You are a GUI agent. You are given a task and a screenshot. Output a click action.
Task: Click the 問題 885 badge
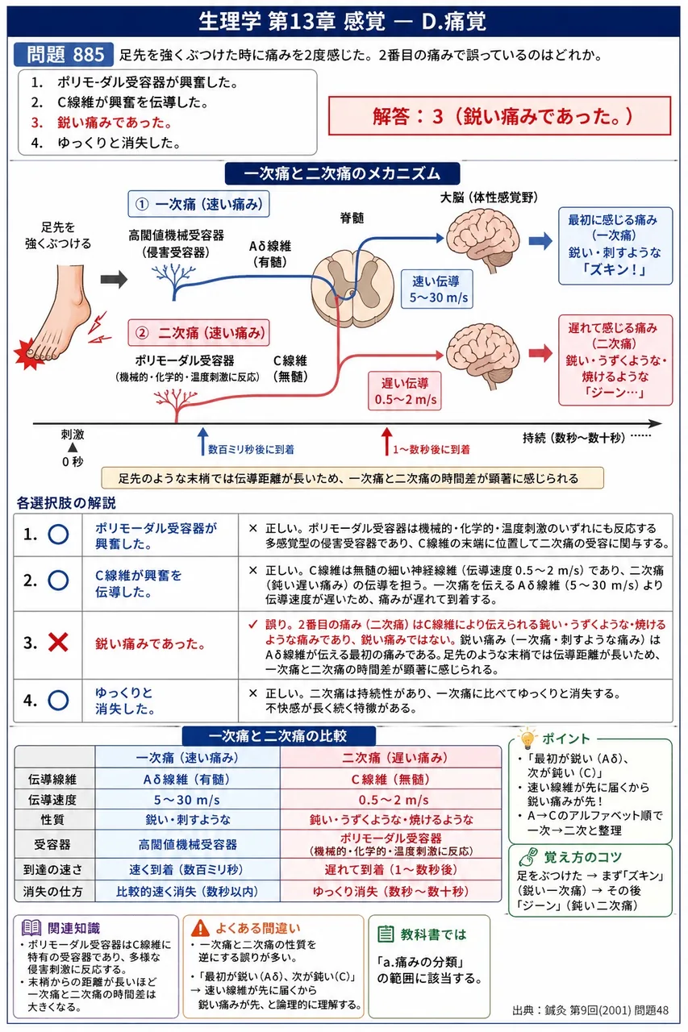[64, 55]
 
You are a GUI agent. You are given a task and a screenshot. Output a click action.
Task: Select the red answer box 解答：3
[499, 115]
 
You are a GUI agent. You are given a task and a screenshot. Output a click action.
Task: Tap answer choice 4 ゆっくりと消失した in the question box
[106, 143]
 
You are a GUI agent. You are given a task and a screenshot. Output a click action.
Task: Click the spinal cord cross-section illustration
[352, 288]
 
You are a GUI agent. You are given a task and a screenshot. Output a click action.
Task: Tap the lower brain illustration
[483, 356]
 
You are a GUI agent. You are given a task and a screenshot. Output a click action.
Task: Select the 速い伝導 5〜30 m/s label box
[437, 289]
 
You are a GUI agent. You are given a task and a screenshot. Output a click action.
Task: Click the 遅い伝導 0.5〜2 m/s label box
[405, 391]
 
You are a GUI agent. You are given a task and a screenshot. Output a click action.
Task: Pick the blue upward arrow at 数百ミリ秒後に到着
[202, 441]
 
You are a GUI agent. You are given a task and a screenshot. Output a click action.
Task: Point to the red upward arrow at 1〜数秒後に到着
[386, 441]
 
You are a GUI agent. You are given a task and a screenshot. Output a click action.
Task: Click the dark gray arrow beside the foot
[114, 279]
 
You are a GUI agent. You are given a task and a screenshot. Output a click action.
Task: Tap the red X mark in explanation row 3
[58, 643]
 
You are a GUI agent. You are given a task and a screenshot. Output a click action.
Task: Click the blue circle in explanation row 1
[58, 535]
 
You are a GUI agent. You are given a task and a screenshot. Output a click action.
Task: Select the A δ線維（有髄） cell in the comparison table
[187, 779]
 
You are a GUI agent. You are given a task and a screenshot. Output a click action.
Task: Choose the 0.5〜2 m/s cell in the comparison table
[390, 801]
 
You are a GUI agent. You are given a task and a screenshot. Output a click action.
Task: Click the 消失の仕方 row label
[54, 891]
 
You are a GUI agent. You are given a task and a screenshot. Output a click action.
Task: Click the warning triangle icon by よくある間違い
[200, 928]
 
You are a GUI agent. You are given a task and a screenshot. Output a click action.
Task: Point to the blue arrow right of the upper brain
[540, 240]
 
